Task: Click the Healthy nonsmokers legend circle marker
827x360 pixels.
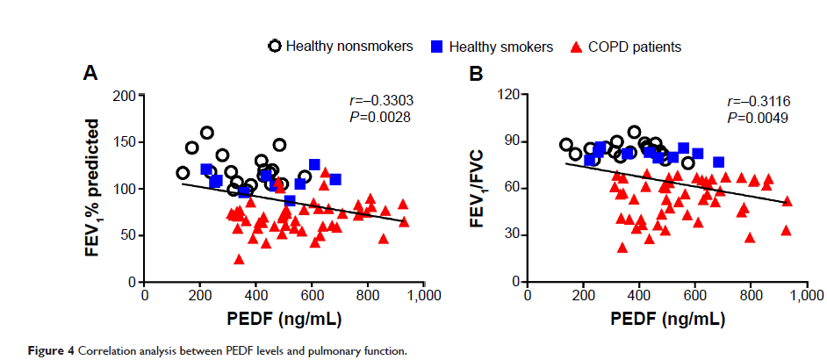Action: coord(275,47)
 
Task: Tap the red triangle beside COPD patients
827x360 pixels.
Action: coord(576,47)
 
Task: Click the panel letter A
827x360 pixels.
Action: coord(90,74)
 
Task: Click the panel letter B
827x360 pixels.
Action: coord(477,74)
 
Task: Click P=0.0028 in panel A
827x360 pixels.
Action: coord(380,117)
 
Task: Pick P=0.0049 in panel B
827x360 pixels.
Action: coord(758,117)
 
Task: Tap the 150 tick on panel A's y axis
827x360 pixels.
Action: coord(123,142)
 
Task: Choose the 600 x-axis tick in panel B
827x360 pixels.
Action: coord(695,296)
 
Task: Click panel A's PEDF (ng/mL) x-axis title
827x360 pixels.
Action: coord(284,317)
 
